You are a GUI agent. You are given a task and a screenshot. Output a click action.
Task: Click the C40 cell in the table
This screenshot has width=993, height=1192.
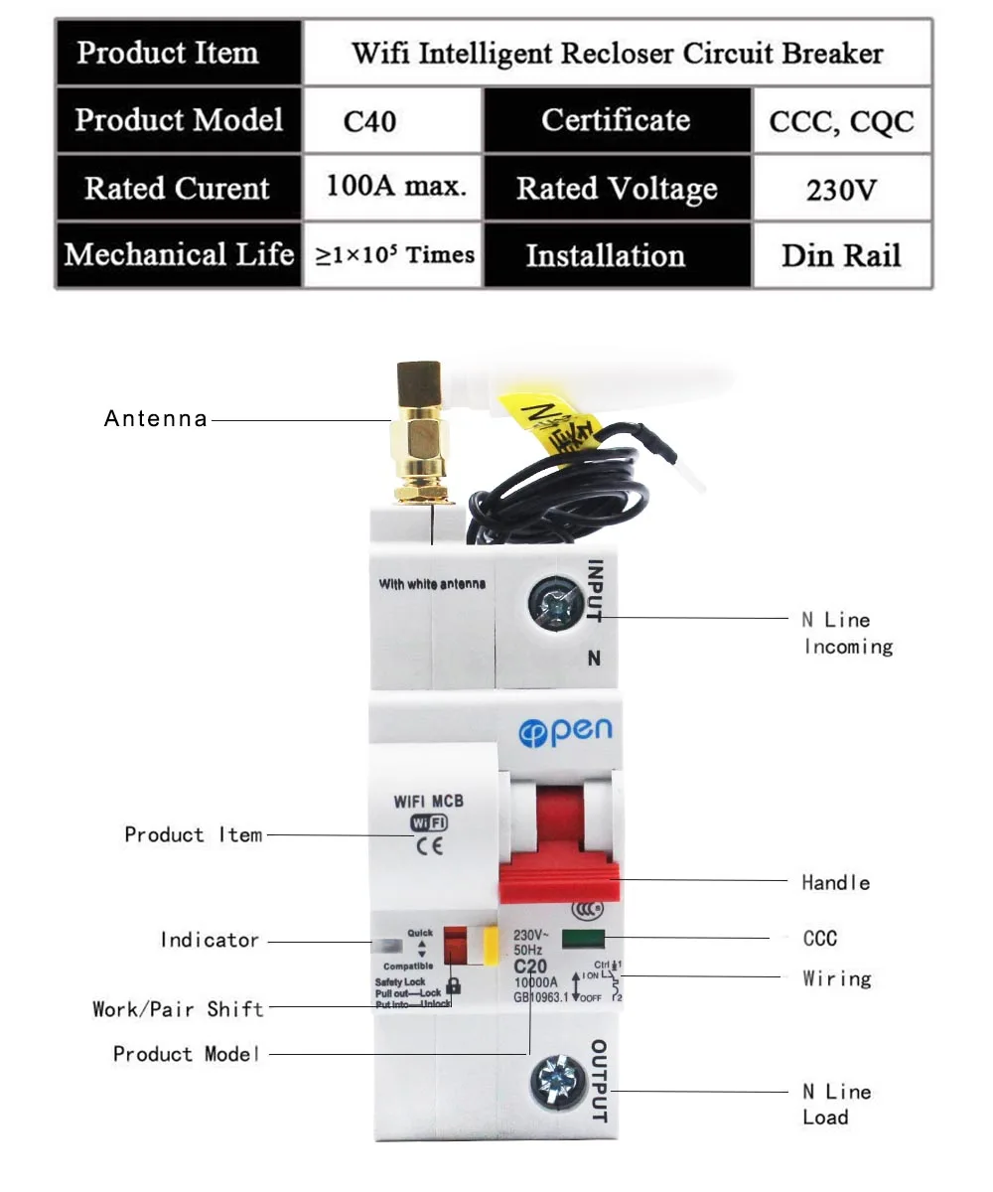pyautogui.click(x=369, y=122)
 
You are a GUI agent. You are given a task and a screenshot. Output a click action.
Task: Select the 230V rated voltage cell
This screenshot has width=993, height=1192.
pyautogui.click(x=841, y=189)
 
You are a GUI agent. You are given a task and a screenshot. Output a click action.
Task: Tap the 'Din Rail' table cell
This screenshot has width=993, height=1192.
pyautogui.click(x=841, y=255)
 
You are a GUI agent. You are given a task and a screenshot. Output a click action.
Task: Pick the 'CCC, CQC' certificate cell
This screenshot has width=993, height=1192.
pyautogui.click(x=841, y=122)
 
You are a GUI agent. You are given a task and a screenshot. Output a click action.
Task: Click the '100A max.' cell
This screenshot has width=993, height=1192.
pyautogui.click(x=395, y=187)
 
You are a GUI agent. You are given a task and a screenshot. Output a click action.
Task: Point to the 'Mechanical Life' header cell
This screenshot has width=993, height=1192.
pyautogui.click(x=179, y=255)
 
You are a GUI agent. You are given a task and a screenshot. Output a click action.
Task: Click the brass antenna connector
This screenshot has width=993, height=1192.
pyautogui.click(x=419, y=433)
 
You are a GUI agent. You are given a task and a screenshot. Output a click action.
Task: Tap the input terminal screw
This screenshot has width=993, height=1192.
pyautogui.click(x=557, y=602)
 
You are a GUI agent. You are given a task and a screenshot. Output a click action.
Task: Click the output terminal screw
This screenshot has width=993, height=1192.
pyautogui.click(x=556, y=1080)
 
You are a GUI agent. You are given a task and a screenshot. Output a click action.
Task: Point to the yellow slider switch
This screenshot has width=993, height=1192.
pyautogui.click(x=490, y=948)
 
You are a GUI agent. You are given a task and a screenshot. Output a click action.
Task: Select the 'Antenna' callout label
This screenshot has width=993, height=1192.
pyautogui.click(x=156, y=419)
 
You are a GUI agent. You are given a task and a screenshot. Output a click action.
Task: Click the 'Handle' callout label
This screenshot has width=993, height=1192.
pyautogui.click(x=835, y=882)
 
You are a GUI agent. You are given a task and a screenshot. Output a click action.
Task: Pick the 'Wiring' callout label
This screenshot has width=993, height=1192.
pyautogui.click(x=836, y=978)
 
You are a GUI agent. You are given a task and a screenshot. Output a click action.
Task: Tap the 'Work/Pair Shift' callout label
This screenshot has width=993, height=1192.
pyautogui.click(x=179, y=1009)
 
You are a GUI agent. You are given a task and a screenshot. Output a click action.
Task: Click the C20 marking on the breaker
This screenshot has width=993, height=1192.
pyautogui.click(x=531, y=967)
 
